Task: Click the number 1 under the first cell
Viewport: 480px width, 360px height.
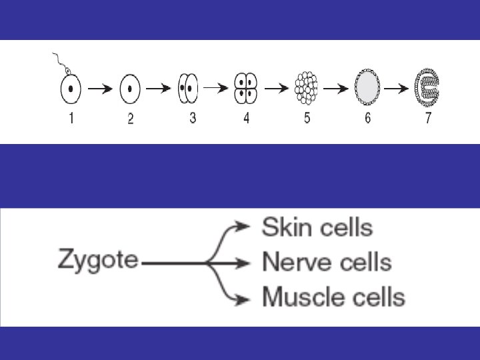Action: click(71, 119)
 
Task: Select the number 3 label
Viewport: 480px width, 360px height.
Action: click(193, 119)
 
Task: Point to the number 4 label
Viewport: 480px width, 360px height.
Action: click(247, 119)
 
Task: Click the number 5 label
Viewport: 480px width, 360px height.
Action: click(307, 119)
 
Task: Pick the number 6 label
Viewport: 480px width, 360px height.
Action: click(367, 119)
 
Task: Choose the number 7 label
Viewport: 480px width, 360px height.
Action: click(429, 119)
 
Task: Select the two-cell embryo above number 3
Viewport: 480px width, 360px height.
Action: click(189, 88)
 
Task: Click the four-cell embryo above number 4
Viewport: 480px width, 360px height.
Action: click(246, 88)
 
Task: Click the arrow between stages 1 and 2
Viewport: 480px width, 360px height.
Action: click(99, 89)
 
